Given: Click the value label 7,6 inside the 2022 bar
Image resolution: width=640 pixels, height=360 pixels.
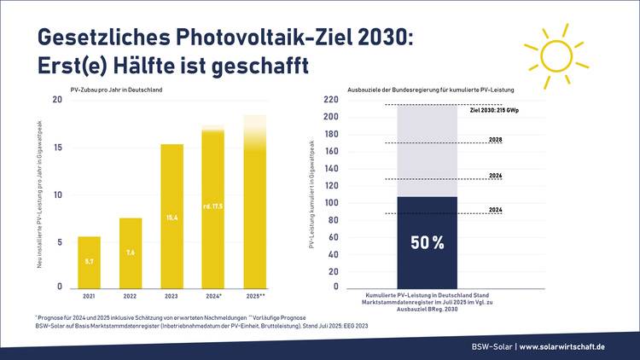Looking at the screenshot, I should pos(131,252).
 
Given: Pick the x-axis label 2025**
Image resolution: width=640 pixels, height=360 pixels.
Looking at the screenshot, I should pos(254,297).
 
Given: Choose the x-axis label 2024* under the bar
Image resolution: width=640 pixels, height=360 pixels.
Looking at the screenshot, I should pos(212,297).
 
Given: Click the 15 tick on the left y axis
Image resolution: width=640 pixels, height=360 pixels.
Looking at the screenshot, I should pos(57,148).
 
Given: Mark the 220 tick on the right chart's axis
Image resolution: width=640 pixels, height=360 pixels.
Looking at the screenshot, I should pos(331,100).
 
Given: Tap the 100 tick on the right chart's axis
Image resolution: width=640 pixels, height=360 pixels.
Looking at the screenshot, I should pos(331,202).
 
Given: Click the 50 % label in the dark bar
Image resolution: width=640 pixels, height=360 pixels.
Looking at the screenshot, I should pos(428,243).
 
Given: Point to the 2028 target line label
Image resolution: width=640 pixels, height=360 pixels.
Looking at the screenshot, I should pos(495,139).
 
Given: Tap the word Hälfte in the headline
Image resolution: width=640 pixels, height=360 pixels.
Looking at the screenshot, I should pos(147,66).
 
